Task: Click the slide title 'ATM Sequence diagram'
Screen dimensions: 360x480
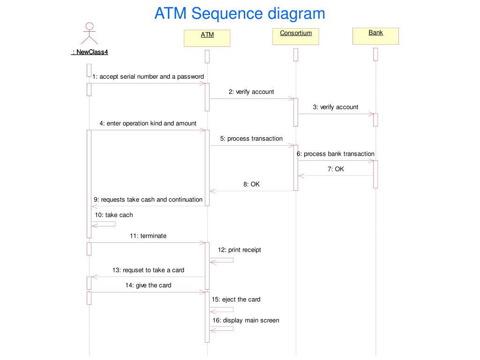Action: pos(240,13)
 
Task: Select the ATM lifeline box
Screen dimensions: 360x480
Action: pos(207,38)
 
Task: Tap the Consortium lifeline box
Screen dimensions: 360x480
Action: pos(296,36)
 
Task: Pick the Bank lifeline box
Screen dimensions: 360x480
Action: pos(375,36)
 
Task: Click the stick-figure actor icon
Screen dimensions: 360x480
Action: pos(90,33)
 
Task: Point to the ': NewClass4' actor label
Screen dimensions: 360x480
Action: pos(90,52)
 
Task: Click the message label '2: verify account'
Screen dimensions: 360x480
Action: pos(251,92)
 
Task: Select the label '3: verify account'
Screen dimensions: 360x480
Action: pos(336,107)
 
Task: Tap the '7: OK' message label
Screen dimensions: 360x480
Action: pos(336,169)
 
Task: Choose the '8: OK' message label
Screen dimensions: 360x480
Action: pos(251,184)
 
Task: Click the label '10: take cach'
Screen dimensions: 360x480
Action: pos(114,215)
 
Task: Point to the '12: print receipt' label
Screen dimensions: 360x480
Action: pos(239,250)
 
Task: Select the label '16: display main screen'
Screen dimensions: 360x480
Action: pos(246,321)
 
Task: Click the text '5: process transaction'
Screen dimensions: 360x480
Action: pos(251,139)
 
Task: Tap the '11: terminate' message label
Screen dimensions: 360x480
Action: pos(148,236)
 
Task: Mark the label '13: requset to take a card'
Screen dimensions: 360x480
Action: pos(148,270)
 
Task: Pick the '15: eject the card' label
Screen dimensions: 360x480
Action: pos(236,300)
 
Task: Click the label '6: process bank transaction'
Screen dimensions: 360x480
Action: pos(336,154)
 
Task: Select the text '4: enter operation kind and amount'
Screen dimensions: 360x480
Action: pos(148,124)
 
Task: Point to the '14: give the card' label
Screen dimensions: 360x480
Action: pos(148,285)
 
